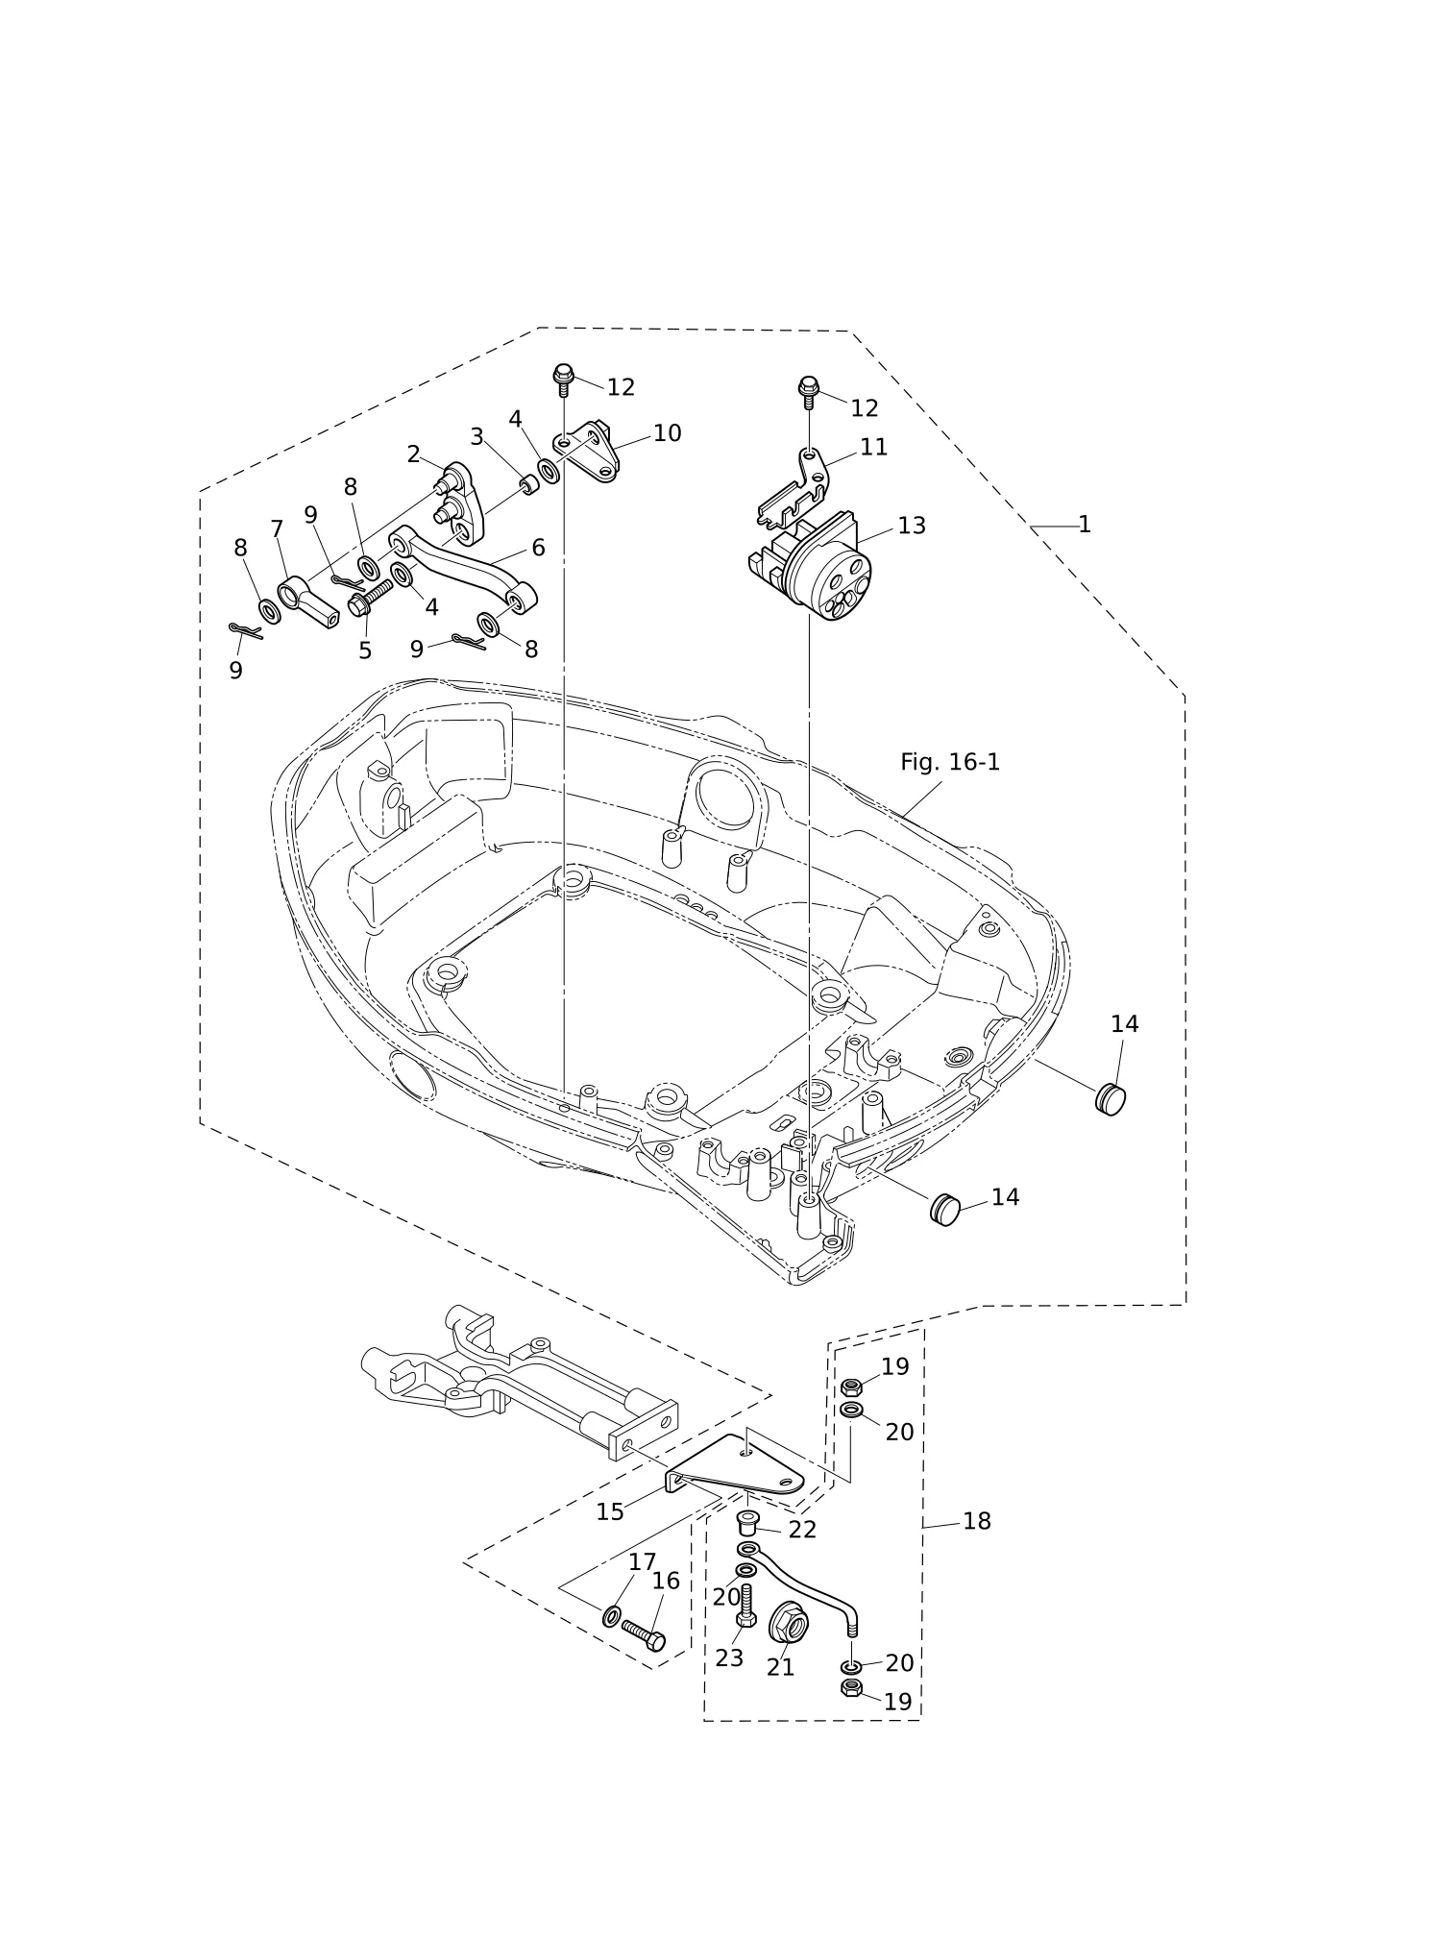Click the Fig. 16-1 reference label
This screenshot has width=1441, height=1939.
(x=950, y=762)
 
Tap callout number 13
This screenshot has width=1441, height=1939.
(x=912, y=526)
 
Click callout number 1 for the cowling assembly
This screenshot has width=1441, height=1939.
(x=1085, y=525)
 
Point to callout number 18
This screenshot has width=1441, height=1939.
(x=976, y=1521)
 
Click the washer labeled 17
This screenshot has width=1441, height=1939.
(x=612, y=1616)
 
